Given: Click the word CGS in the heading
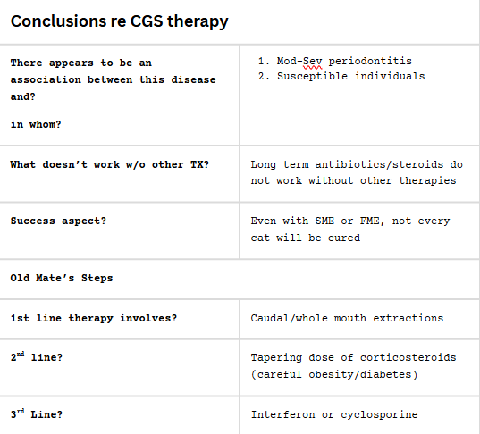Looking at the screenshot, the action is tap(147, 21).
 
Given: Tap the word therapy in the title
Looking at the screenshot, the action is tap(198, 22).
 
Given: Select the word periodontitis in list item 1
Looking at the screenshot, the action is tap(370, 61).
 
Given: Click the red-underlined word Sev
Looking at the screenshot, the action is tap(312, 61).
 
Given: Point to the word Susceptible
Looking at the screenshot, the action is tap(312, 76).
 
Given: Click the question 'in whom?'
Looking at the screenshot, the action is tap(36, 124).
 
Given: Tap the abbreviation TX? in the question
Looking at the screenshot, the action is tap(199, 164).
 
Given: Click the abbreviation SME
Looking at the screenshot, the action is tap(324, 221).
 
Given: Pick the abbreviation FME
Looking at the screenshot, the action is tap(370, 221).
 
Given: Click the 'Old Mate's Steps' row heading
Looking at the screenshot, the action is tap(62, 278).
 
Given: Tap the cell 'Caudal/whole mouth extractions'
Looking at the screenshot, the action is tap(347, 318).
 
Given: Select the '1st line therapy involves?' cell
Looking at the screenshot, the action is tap(94, 319).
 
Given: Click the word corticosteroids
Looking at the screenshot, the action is tap(408, 357).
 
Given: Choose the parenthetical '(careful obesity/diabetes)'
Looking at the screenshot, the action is tap(334, 374).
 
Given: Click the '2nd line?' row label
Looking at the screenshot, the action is tap(37, 356).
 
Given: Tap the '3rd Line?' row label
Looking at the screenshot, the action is tap(37, 413).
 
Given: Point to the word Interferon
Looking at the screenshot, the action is tap(282, 414).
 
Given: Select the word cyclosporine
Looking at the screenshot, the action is tap(379, 414).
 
